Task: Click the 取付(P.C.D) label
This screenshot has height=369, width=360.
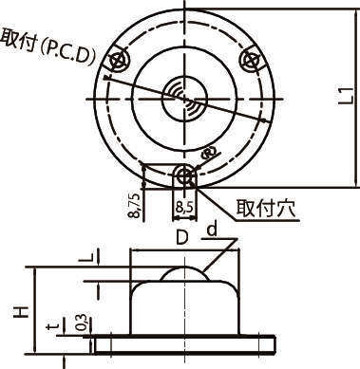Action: (x=48, y=46)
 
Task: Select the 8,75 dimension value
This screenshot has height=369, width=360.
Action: (x=134, y=205)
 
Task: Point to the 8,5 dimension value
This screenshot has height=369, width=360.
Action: (x=183, y=208)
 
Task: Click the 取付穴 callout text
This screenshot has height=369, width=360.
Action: (x=266, y=208)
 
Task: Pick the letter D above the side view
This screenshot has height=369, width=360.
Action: (x=182, y=237)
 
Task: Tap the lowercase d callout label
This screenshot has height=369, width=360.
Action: (x=213, y=230)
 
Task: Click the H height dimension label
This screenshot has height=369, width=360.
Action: (x=22, y=311)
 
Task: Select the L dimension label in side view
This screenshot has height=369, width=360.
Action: (x=85, y=258)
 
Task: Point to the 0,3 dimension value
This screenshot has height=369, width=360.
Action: (x=82, y=323)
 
